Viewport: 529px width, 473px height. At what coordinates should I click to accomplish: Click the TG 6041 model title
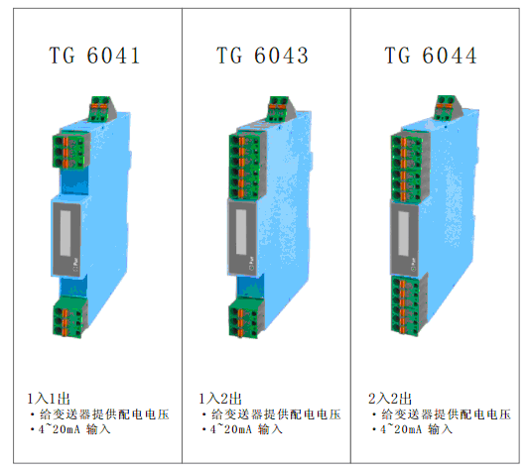(94, 56)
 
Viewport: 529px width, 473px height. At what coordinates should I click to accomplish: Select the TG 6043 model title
(262, 56)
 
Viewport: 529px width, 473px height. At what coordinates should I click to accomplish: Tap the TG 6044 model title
(431, 56)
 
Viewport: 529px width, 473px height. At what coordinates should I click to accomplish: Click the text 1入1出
(49, 399)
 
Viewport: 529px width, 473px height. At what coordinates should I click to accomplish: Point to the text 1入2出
(220, 399)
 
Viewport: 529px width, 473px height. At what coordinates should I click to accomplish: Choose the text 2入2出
(390, 399)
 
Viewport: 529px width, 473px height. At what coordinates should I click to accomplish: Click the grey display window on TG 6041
(66, 233)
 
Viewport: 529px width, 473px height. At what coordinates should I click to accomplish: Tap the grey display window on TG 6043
(241, 232)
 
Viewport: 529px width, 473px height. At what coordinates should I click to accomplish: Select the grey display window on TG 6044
(404, 233)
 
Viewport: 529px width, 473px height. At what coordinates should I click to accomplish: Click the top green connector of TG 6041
(100, 108)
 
